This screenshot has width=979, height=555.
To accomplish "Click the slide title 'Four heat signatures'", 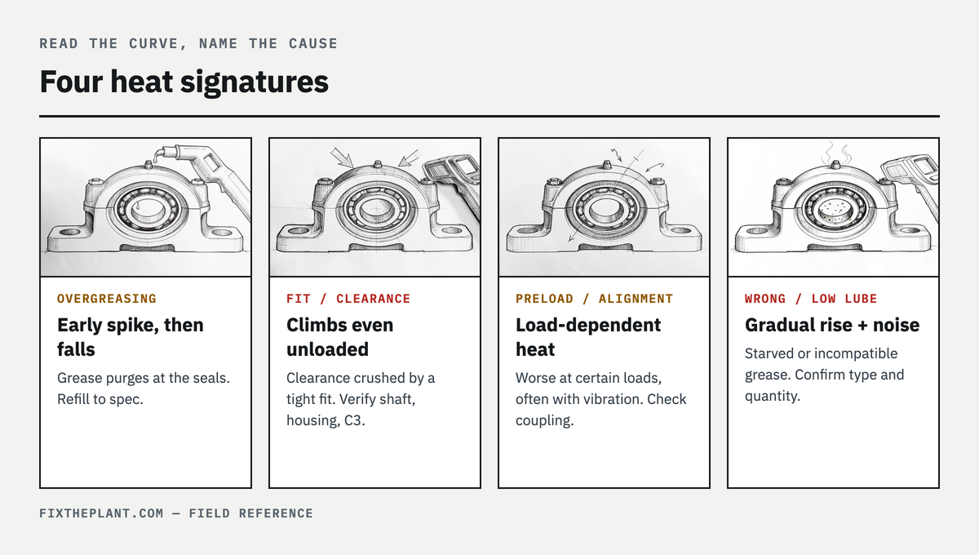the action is coord(184,82).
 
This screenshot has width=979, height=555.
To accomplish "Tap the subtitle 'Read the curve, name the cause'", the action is coord(188,44).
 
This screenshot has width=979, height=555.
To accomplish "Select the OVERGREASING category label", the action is coord(107,299).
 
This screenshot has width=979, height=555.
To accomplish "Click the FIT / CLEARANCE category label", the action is coord(348,299).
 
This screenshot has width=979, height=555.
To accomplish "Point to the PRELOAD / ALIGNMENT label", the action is coord(595,299).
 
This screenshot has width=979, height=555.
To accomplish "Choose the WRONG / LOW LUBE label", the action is coord(811,299).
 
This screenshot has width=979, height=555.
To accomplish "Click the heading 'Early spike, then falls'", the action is coord(131,337).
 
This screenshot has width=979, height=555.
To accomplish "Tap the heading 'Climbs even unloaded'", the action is coord(340,337).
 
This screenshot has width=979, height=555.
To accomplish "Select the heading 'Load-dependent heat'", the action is coord(588,337).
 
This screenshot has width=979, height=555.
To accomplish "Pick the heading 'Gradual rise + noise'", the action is coord(832,325).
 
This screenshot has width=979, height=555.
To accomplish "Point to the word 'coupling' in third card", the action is coord(543,420).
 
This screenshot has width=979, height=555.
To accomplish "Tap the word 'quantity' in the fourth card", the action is coord(771,396).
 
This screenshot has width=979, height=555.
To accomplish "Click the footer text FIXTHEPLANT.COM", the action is coord(101,513).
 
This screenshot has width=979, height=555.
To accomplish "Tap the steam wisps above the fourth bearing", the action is coord(836,153).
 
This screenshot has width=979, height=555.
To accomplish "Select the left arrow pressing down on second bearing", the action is coord(341,158).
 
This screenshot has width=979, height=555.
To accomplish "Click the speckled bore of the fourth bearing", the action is coord(835,210).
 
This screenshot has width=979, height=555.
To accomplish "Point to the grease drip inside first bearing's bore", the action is coord(138,206).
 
